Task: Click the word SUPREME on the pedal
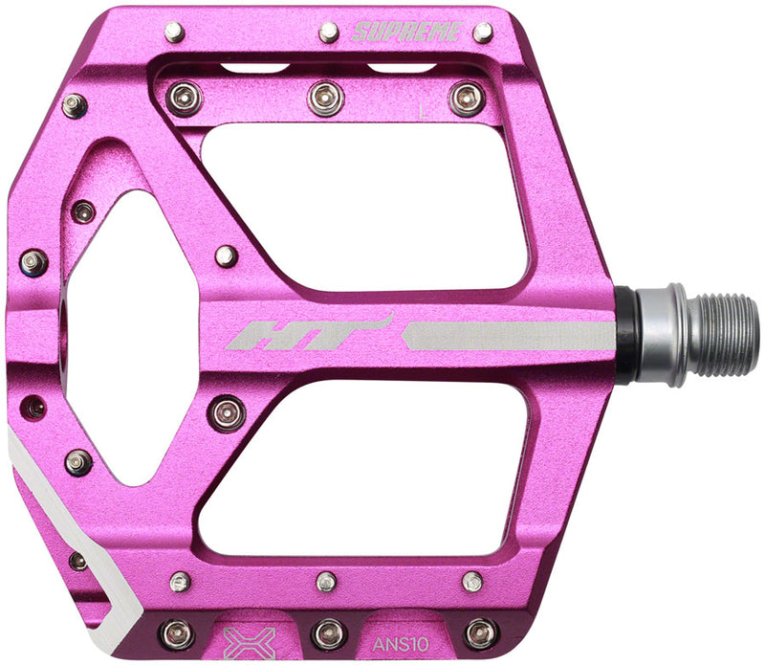pyautogui.click(x=407, y=32)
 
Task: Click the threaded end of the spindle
pyautogui.click(x=723, y=335)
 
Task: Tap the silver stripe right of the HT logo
pyautogui.click(x=508, y=335)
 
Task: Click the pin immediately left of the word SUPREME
pyautogui.click(x=328, y=33)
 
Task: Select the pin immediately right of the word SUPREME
pyautogui.click(x=483, y=33)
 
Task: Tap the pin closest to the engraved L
pyautogui.click(x=467, y=98)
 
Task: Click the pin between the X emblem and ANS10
pyautogui.click(x=328, y=632)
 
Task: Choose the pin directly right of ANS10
pyautogui.click(x=481, y=632)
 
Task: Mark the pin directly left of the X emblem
pyautogui.click(x=177, y=632)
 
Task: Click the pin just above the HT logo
pyautogui.click(x=226, y=255)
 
